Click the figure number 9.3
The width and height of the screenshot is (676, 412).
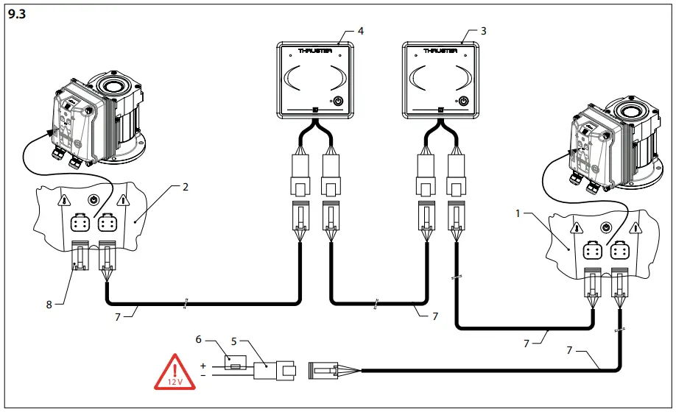pyautogui.click(x=15, y=13)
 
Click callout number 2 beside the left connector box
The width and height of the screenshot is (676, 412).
pyautogui.click(x=186, y=188)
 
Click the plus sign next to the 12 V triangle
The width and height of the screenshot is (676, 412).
pyautogui.click(x=203, y=365)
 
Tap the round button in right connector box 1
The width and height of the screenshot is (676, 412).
pyautogui.click(x=606, y=227)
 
